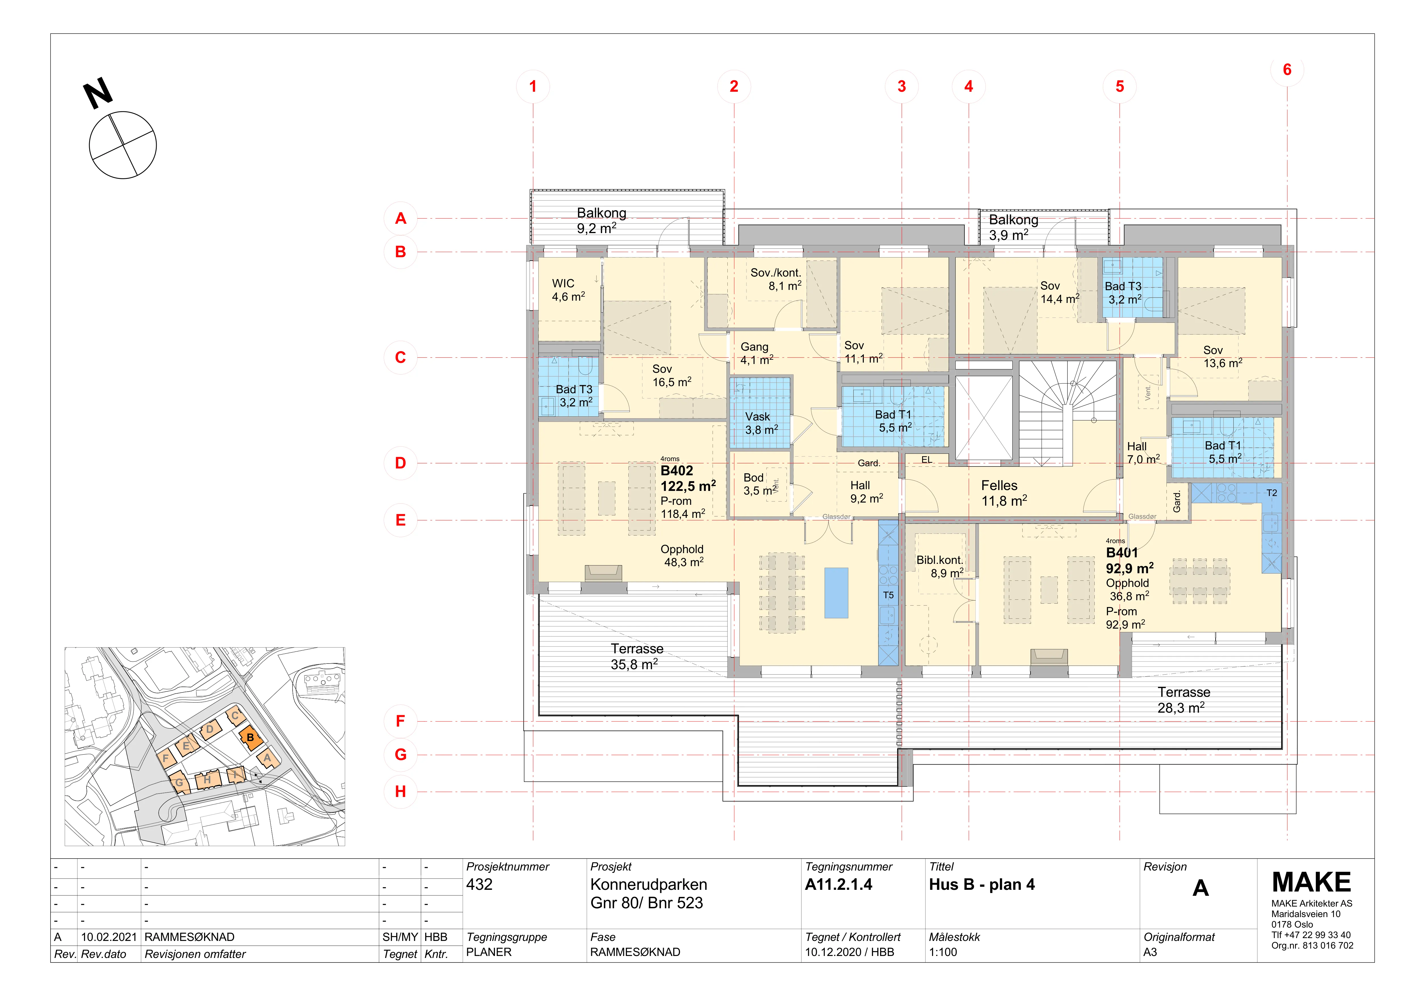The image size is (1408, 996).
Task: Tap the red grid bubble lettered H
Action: pos(400,792)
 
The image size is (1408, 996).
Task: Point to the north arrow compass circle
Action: pos(123,145)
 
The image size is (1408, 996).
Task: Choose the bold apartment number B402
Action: pos(677,471)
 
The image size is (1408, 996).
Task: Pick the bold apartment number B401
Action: pos(1122,553)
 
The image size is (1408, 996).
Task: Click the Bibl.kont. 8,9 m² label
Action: pos(940,567)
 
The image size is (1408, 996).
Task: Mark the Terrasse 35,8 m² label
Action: pos(637,656)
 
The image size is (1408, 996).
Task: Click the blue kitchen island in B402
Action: pos(836,593)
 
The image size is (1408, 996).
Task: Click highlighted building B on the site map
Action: pos(250,738)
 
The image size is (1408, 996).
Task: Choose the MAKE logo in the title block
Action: pos(1311,882)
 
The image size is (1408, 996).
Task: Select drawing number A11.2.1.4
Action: pos(838,884)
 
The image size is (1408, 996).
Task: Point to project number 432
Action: pos(479,884)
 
